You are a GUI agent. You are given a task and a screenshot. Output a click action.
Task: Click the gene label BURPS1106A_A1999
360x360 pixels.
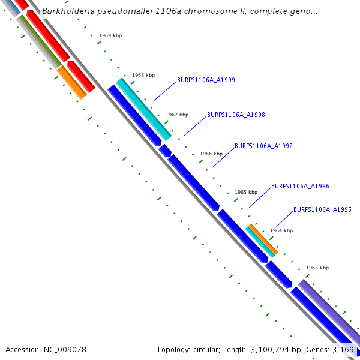pos(206,80)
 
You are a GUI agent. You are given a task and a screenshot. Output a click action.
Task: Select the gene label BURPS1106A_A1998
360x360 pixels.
pos(236,115)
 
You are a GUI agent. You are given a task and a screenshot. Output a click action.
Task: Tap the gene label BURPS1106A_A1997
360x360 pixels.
pos(263,146)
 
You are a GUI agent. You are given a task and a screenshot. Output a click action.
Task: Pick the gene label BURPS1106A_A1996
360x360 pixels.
pos(300,187)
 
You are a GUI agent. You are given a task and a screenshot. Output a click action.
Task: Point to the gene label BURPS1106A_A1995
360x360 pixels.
pos(322,210)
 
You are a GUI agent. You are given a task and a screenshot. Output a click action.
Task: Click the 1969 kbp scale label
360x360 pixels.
pos(110,36)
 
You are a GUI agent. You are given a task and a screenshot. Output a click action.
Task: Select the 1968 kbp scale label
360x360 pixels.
pos(143,76)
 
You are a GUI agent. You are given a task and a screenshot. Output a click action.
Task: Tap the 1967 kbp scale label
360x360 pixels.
pos(177,115)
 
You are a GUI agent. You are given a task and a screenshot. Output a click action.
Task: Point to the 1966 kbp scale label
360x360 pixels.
pos(211,154)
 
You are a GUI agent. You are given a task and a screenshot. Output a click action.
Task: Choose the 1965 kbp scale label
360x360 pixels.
pos(246,192)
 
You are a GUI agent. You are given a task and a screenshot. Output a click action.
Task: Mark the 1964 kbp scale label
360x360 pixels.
pos(281,230)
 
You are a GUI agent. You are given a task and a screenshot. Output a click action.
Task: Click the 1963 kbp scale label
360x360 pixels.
pos(317,268)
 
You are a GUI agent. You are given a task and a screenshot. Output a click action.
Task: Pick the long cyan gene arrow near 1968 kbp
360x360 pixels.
pos(144,109)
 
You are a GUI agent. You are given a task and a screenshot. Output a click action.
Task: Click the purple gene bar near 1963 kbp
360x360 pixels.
pos(327,309)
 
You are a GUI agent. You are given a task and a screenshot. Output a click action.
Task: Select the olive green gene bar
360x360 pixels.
pos(40,40)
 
